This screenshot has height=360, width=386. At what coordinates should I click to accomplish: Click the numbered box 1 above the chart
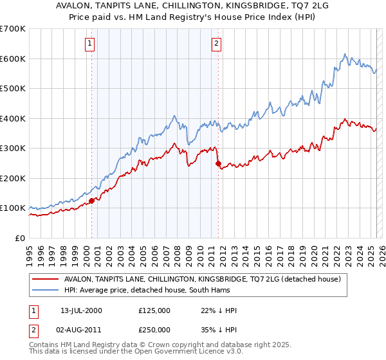89,44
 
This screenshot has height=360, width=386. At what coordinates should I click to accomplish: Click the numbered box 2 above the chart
216,44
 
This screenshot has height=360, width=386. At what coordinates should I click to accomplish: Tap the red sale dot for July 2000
91,201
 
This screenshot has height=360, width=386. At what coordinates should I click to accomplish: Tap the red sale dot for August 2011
218,163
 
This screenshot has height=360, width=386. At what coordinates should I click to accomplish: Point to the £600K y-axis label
13,59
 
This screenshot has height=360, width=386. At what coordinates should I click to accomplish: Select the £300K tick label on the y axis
13,148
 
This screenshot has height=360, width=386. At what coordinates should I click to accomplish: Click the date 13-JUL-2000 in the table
78,310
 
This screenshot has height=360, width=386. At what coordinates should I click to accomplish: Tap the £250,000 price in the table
154,328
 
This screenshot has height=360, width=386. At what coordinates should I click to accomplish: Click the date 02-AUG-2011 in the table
78,328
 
